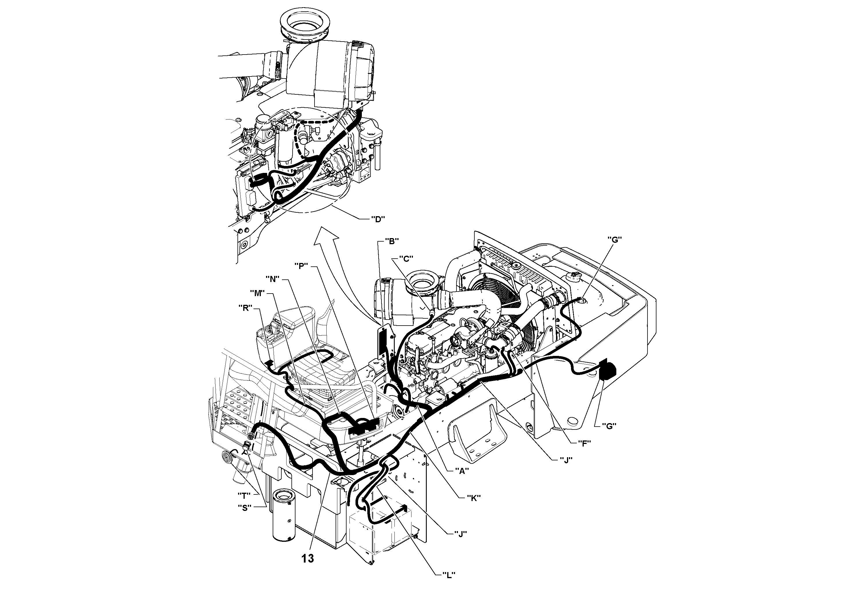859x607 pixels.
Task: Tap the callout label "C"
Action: click(x=406, y=258)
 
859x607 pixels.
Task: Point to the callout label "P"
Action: click(x=300, y=266)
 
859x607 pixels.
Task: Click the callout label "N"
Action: click(x=272, y=279)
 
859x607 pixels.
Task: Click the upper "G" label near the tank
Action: click(x=614, y=240)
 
